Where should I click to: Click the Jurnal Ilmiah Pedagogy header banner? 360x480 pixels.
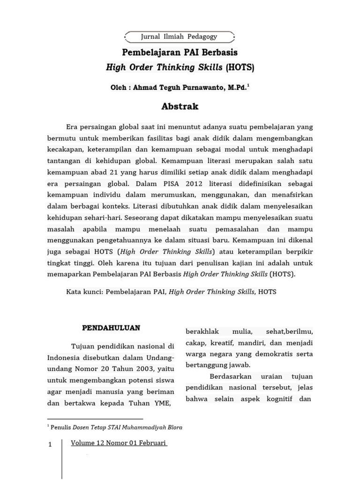pyautogui.click(x=179, y=37)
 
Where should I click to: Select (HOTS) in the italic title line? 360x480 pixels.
pyautogui.click(x=240, y=67)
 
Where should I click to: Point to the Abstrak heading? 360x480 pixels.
pyautogui.click(x=180, y=106)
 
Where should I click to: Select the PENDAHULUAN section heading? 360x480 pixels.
pyautogui.click(x=111, y=328)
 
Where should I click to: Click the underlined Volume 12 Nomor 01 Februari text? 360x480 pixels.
pyautogui.click(x=119, y=443)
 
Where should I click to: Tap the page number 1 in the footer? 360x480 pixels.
pyautogui.click(x=50, y=444)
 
